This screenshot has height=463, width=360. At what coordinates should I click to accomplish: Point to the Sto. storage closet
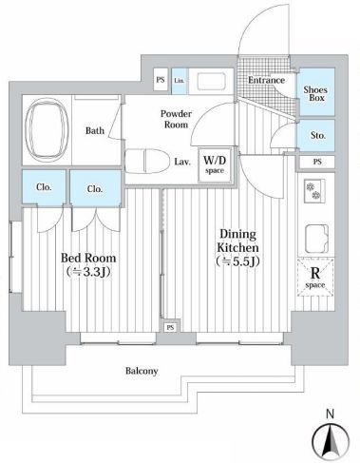(x=316, y=135)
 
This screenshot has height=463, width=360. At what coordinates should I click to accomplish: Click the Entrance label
(x=266, y=80)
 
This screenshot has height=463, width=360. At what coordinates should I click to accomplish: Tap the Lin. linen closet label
(x=179, y=81)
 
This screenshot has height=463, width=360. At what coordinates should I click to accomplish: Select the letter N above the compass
(x=330, y=413)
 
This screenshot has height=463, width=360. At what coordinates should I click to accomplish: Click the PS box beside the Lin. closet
(x=160, y=81)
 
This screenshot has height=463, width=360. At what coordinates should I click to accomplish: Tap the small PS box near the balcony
(x=169, y=327)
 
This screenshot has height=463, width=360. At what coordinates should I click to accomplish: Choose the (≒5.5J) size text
(x=238, y=260)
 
